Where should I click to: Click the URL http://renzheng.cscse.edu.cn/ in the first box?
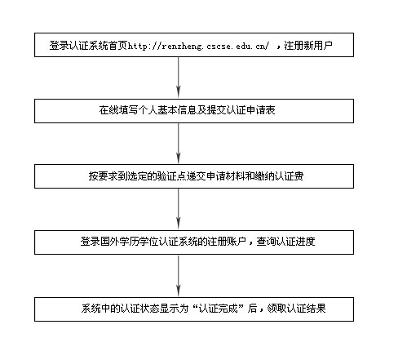coord(198,46)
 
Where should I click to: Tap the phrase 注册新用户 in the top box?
coord(308,45)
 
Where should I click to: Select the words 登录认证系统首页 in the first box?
coord(89,45)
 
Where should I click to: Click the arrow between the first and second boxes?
coord(179,78)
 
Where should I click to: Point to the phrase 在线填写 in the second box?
coord(118,110)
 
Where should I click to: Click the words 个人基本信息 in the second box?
coord(167,110)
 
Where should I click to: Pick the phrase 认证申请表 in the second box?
coord(251,110)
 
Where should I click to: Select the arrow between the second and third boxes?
coord(179,143)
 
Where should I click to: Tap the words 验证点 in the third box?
coord(172,176)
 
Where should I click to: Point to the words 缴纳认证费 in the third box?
coord(279,176)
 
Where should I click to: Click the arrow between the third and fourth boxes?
coord(179,209)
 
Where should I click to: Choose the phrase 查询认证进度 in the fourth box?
coord(285,242)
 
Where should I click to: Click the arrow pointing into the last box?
coord(179,275)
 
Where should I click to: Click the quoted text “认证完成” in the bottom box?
coord(218,309)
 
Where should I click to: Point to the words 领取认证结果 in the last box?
coord(296,309)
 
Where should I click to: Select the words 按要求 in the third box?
coord(104,176)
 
